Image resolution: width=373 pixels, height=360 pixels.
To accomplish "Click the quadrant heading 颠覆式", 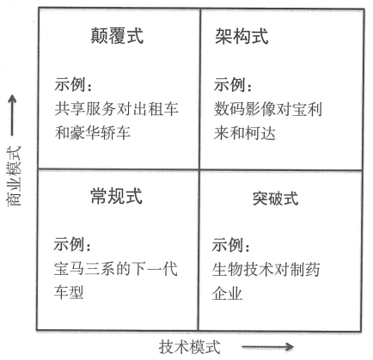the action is coord(117,36).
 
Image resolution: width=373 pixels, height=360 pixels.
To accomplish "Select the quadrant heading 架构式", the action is coord(242,36).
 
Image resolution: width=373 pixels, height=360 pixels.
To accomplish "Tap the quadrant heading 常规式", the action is coord(117,196).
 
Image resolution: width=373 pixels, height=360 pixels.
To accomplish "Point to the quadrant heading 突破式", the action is coord(275,198).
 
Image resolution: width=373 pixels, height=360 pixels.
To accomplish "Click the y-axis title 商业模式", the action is coord(14,176).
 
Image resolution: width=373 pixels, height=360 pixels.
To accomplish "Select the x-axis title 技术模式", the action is coord(190,347).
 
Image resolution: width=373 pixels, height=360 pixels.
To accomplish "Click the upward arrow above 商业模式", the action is coord(12,115).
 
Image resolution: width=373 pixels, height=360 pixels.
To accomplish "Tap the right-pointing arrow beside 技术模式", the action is coord(267,347).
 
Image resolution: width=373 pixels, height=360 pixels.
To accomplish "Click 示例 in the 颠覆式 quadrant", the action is coord(70,84).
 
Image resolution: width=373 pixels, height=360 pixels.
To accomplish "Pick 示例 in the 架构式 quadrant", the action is coord(229,84).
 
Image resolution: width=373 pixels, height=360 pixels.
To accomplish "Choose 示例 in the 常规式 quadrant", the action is coord(69,244).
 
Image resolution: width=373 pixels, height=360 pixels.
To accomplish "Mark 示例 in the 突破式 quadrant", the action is coord(228,245).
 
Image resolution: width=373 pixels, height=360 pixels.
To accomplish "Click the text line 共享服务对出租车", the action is coord(117,109).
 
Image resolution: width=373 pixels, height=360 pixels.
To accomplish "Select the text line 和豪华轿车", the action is coord(93,133).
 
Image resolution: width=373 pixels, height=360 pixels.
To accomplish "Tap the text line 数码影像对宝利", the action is coord(268,109).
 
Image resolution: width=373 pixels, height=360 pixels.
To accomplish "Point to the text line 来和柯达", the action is coord(245,133).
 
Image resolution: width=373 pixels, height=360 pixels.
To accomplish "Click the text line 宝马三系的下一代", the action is coord(116,269).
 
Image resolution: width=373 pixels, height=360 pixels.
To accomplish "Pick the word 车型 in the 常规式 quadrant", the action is coord(69,292).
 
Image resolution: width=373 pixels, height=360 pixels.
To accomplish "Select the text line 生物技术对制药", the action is coord(266,270).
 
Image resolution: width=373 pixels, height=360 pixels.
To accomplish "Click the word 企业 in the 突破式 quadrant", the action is coord(227,293).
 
